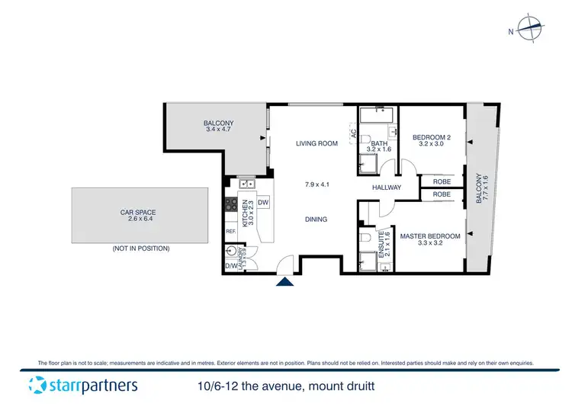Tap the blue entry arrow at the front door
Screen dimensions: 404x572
[x=285, y=284]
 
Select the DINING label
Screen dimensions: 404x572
[x=316, y=220]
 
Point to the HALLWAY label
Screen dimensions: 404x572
[x=387, y=188]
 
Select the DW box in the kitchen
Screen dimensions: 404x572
[x=263, y=202]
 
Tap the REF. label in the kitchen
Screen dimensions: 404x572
[x=230, y=232]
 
